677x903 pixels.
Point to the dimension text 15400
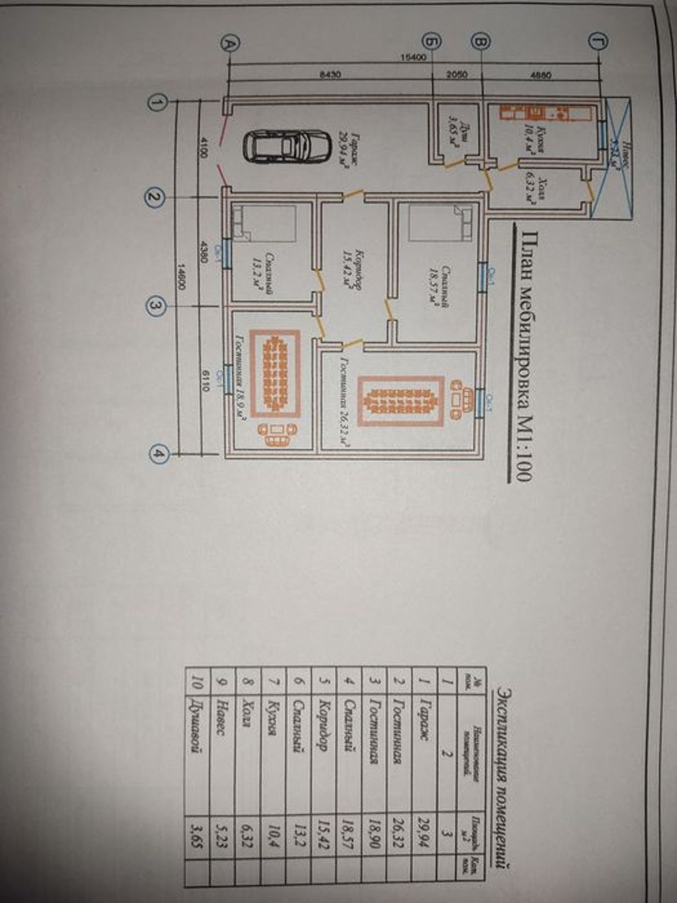point(416,56)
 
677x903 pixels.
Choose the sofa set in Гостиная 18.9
point(276,434)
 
